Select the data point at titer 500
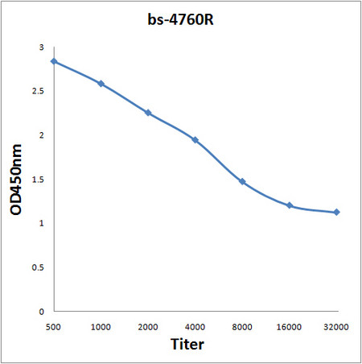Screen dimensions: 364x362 tap(54, 61)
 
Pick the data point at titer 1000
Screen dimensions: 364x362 tap(101, 84)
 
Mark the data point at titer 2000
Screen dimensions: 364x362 tap(148, 113)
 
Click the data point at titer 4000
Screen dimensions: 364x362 tap(195, 140)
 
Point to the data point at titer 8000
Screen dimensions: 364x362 tap(242, 182)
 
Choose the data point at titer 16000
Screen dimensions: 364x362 tap(289, 205)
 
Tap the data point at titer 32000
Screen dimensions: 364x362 tap(336, 213)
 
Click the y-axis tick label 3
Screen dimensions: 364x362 tap(42, 48)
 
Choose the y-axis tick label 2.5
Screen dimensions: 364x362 tap(38, 92)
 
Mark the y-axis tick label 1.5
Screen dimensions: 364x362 tap(38, 180)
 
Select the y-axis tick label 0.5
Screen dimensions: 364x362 tap(38, 267)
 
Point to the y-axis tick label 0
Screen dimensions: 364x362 tap(42, 311)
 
